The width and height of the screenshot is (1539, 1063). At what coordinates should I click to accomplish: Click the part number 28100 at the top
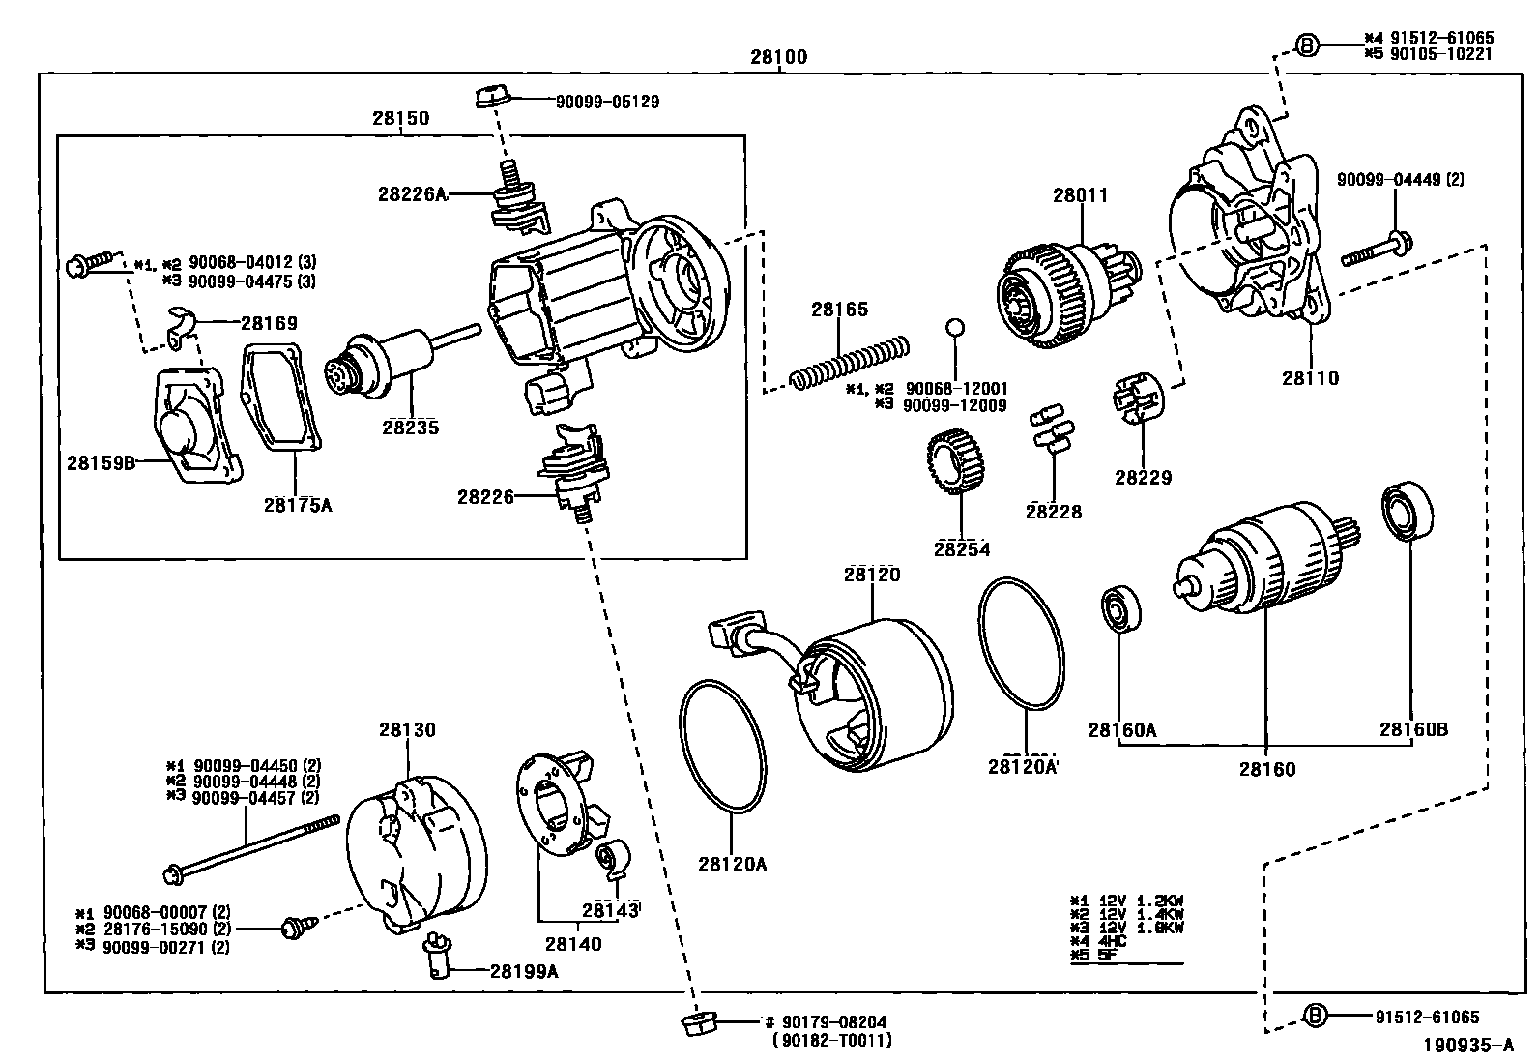point(778,57)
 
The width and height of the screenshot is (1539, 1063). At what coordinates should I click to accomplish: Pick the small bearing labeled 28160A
point(1121,609)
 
